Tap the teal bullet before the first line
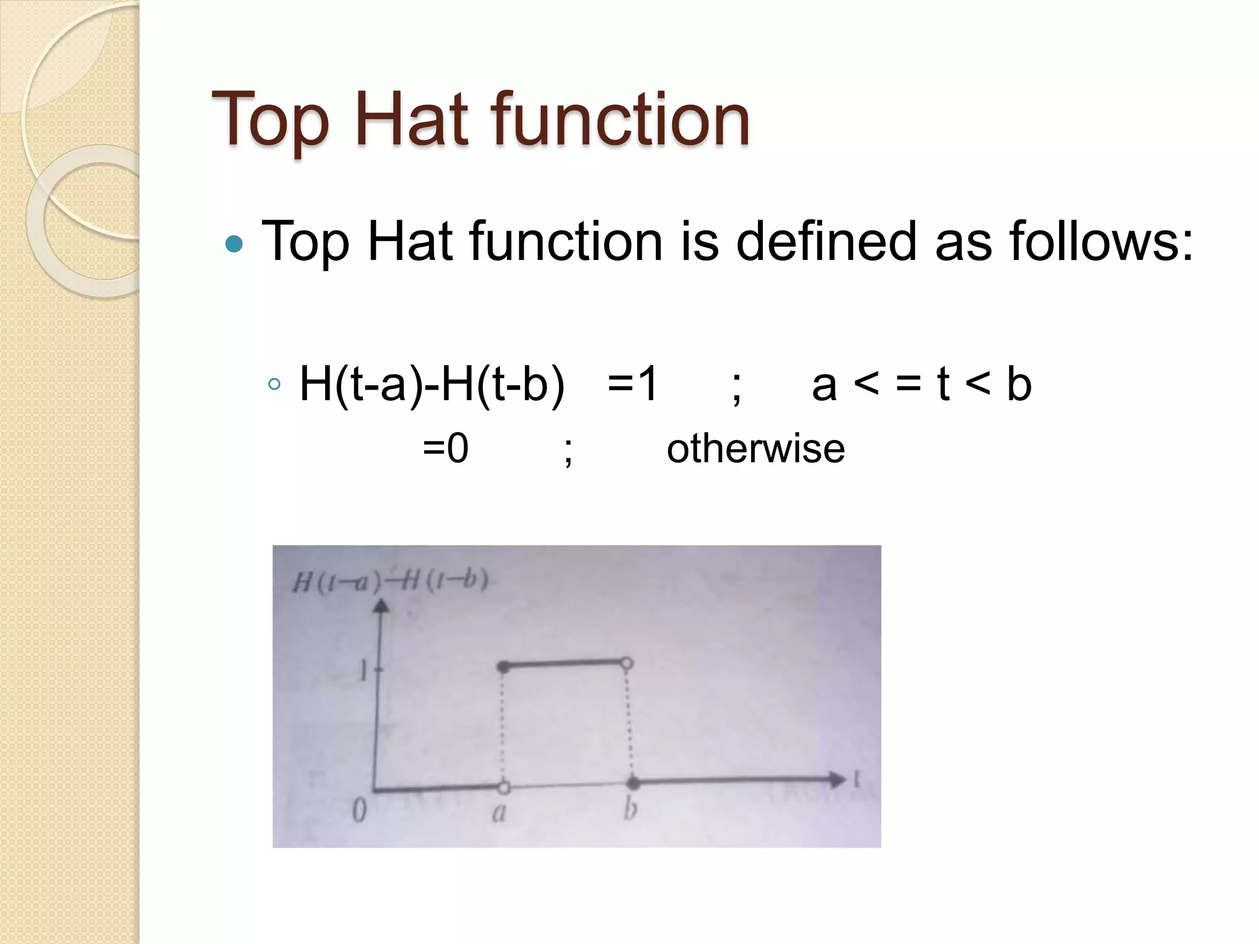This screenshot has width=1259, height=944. pos(234,244)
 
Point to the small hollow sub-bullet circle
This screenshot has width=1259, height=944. pos(275,385)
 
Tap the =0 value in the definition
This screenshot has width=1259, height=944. pos(446,448)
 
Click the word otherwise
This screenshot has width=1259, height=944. pos(756,448)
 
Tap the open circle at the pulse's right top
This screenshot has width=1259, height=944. pos(626,663)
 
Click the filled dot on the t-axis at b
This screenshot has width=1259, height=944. pos(633,783)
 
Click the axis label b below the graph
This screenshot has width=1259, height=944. pos(629,809)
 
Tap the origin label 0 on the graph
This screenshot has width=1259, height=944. pos(360,810)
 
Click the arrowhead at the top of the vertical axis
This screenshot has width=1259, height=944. pos(382,606)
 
